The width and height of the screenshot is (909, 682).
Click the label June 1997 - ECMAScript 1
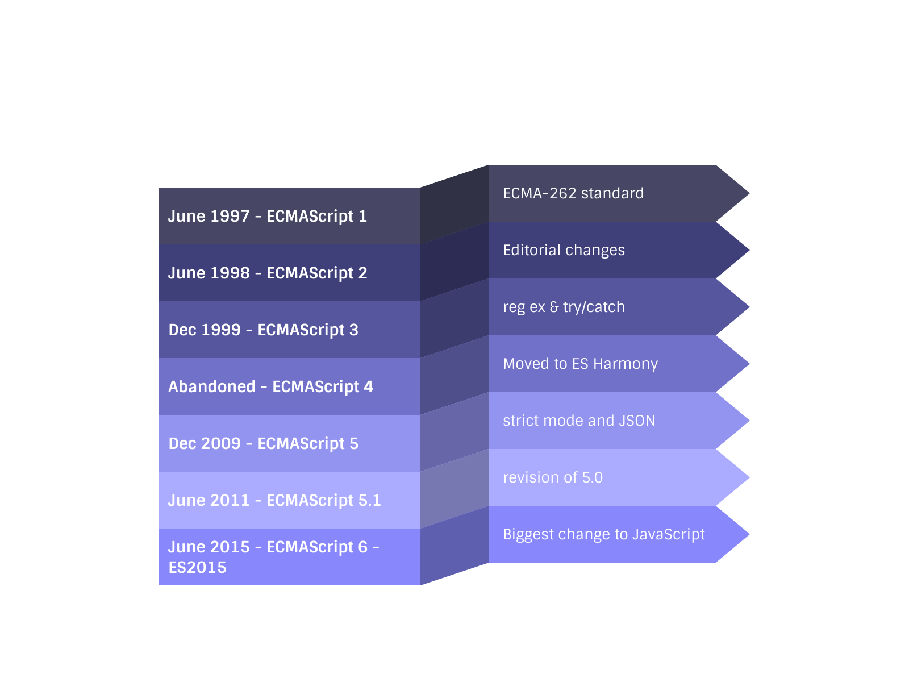268,217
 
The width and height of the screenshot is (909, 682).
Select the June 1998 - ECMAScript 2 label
268,273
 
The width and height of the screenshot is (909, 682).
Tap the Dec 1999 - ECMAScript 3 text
263,330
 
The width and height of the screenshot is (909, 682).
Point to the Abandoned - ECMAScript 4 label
270,387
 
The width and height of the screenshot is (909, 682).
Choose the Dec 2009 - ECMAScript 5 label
263,444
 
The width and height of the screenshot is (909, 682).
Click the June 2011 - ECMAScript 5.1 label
274,501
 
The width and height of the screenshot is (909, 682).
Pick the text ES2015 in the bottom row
197,568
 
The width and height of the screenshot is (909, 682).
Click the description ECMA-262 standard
573,194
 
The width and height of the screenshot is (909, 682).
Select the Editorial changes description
564,251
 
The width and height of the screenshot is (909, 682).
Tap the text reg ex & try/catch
564,307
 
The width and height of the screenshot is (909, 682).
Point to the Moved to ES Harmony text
580,364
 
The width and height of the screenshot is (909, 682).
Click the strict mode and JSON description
579,421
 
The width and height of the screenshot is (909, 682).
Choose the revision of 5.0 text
553,478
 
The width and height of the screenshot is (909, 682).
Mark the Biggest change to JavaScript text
603,535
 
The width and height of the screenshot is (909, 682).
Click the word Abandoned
212,387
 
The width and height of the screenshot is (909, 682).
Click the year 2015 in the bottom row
230,547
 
